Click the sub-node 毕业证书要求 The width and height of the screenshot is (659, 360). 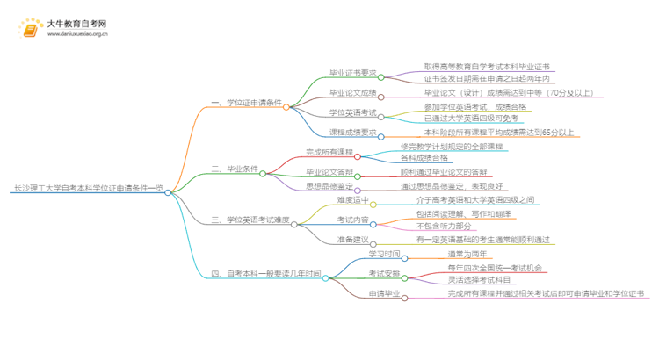point(351,74)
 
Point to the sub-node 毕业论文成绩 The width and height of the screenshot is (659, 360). point(351,92)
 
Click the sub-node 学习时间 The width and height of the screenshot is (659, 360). point(383,255)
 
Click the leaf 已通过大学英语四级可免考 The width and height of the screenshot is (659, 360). point(471,119)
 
